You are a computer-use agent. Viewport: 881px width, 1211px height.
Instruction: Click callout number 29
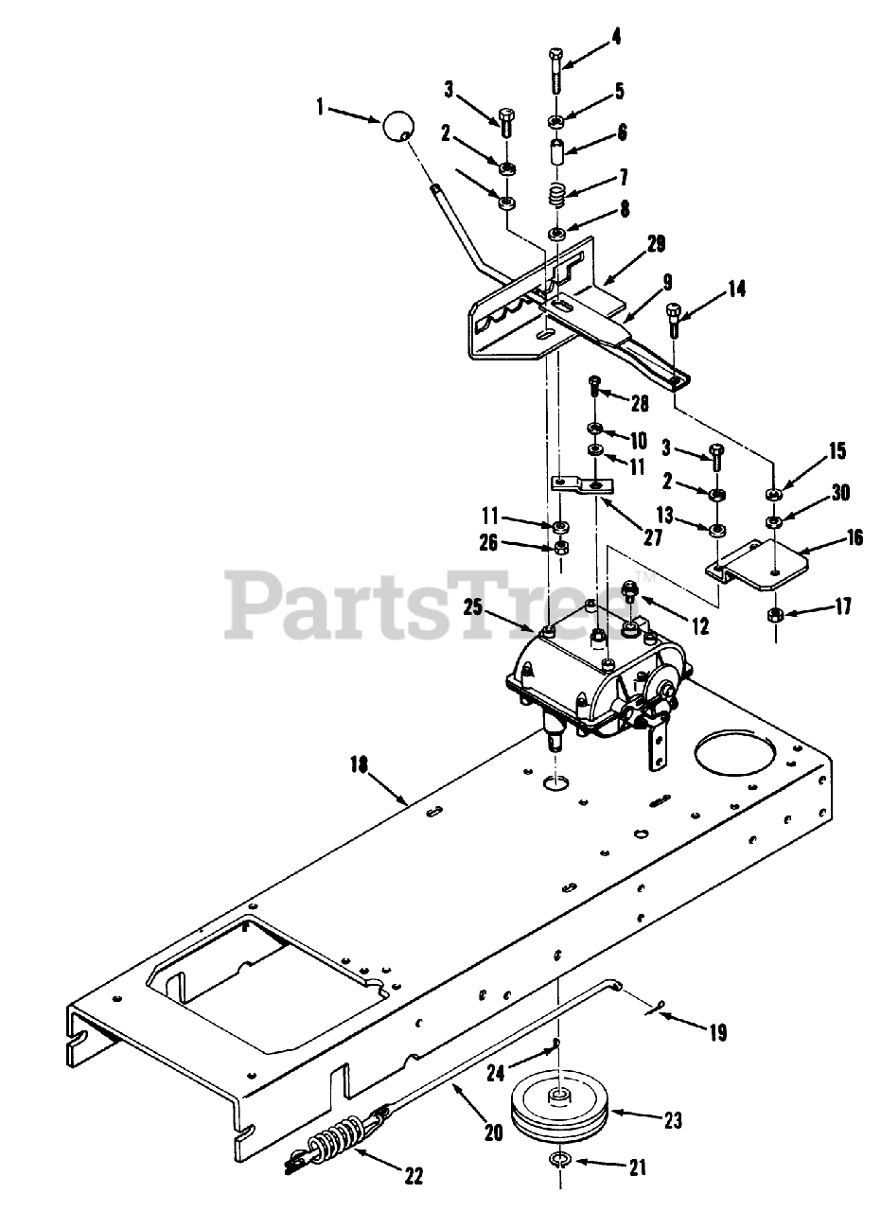[x=657, y=244]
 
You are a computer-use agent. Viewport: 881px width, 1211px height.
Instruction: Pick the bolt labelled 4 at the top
[x=555, y=69]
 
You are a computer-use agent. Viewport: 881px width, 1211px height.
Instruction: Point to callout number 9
[x=667, y=281]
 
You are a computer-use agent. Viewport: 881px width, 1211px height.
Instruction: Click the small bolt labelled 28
[x=594, y=384]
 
